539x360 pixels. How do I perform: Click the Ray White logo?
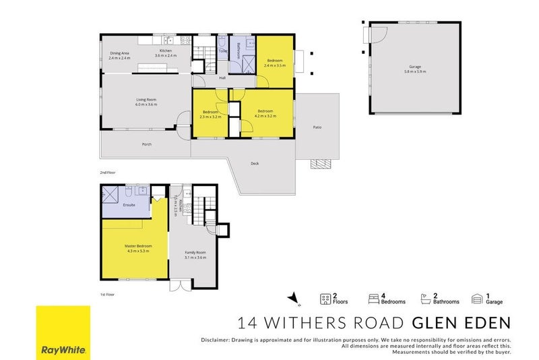(x=63, y=332)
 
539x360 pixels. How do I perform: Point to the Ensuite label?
(x=129, y=205)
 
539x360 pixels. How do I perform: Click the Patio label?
(x=317, y=127)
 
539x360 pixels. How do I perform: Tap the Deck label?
(x=255, y=163)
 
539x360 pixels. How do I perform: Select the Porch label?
(x=146, y=144)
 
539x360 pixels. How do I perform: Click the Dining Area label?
(x=119, y=54)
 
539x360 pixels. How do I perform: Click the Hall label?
(x=222, y=78)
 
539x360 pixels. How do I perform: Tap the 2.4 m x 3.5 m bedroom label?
(x=275, y=63)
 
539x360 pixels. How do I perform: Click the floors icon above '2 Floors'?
(x=325, y=298)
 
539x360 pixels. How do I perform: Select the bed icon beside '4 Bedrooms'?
(x=373, y=298)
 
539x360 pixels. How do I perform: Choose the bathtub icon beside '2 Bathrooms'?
(x=426, y=298)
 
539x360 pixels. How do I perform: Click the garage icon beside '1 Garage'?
(x=477, y=298)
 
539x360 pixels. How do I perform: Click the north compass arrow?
(x=291, y=297)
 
